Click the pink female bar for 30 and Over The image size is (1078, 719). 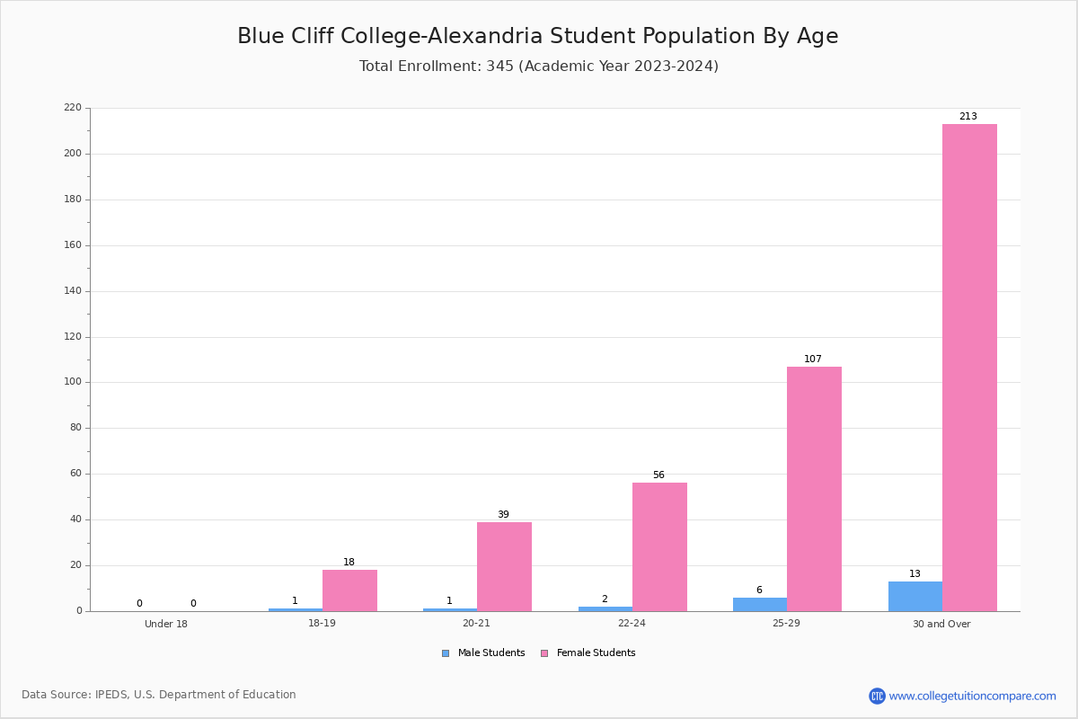[x=969, y=368]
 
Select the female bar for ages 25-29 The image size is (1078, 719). [x=814, y=489]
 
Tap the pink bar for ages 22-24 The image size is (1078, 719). [x=659, y=547]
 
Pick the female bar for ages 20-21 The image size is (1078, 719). [x=504, y=567]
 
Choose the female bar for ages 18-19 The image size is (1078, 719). [x=349, y=590]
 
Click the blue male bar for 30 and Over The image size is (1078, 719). [x=915, y=597]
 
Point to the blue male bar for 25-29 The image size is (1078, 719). [x=760, y=604]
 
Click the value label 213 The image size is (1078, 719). [x=968, y=116]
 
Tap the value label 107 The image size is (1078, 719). [x=813, y=359]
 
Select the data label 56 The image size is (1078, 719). [x=658, y=475]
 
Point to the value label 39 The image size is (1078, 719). [x=503, y=514]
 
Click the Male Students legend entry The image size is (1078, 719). [x=483, y=653]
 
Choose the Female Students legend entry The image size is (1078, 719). [x=588, y=653]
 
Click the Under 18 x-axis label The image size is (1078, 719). [x=166, y=624]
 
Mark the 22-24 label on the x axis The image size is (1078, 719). [x=632, y=623]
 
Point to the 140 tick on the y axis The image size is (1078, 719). [x=73, y=291]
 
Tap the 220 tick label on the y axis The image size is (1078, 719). [x=73, y=107]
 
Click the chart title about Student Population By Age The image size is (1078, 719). [x=538, y=36]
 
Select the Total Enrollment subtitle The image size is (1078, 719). [x=539, y=66]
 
